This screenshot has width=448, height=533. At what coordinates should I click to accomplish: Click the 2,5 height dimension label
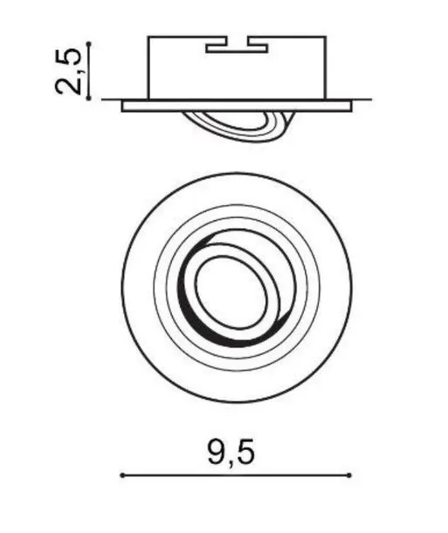[68, 71]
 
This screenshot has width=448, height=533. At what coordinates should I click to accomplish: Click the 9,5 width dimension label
[231, 453]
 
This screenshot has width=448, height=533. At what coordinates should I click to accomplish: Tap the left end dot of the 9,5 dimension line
[122, 475]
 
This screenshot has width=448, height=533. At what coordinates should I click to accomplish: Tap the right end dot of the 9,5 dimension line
[349, 475]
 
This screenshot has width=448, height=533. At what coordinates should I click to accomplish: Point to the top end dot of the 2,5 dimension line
[89, 44]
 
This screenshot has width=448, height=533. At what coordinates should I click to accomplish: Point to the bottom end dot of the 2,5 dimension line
[89, 98]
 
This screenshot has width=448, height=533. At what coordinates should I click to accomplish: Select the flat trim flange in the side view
[237, 106]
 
